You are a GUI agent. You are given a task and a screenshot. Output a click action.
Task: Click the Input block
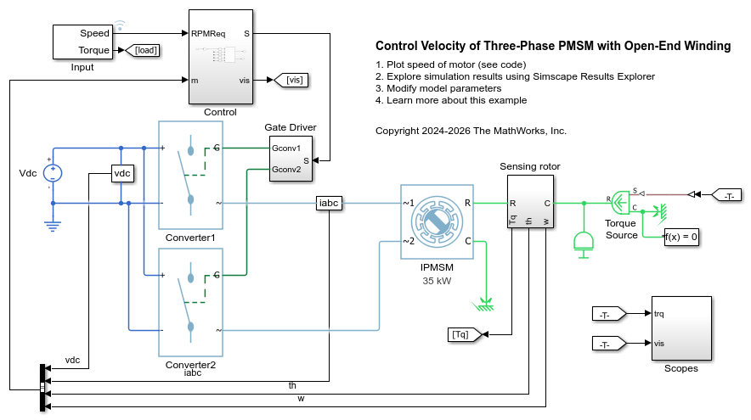(x=82, y=42)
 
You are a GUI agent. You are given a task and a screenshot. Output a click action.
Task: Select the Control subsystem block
(x=220, y=56)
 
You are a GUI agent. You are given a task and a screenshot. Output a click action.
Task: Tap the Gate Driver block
(x=290, y=159)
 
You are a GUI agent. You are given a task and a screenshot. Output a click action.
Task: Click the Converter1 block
(x=191, y=175)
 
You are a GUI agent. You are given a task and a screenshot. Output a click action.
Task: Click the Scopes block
(x=680, y=328)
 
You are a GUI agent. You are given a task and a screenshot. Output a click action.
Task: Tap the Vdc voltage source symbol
(x=53, y=173)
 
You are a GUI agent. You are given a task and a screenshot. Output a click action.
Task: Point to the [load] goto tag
(x=146, y=51)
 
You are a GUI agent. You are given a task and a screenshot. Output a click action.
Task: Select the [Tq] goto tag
(x=464, y=334)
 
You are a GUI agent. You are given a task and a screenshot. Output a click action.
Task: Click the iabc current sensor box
(x=328, y=204)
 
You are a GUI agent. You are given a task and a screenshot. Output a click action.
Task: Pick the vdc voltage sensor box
(x=123, y=173)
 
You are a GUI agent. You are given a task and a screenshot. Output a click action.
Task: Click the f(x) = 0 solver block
(x=681, y=237)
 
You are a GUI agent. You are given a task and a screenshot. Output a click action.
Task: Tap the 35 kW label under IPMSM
(x=437, y=280)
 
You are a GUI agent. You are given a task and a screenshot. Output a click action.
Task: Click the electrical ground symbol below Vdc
(x=53, y=224)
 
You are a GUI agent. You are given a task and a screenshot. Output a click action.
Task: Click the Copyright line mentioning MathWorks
(x=471, y=131)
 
